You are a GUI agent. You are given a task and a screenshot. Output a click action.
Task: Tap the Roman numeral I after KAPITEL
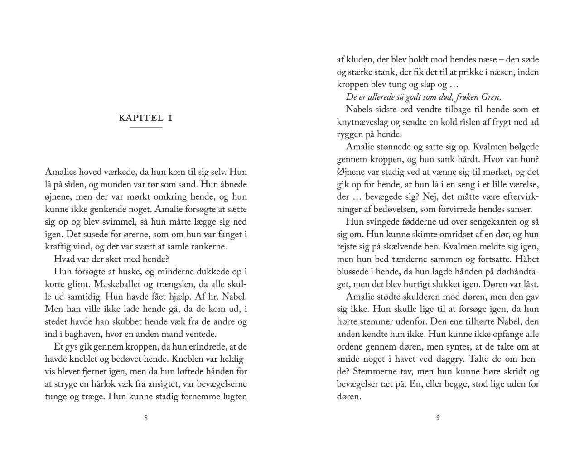[x=169, y=118]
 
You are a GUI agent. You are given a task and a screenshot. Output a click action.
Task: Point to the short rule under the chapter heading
[x=145, y=128]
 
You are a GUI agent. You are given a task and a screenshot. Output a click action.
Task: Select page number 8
[x=145, y=418]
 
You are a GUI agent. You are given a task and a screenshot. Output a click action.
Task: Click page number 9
[x=438, y=418]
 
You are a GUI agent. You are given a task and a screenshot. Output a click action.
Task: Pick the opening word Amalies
[x=61, y=172]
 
